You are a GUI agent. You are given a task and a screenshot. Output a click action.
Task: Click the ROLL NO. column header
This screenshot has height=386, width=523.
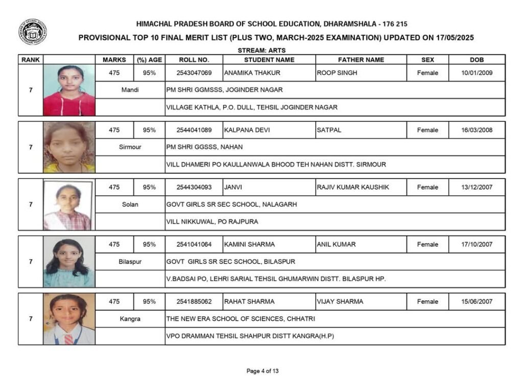point(194,60)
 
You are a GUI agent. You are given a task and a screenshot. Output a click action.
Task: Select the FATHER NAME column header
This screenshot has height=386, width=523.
point(361,60)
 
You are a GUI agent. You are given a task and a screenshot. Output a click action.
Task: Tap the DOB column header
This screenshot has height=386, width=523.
point(477,60)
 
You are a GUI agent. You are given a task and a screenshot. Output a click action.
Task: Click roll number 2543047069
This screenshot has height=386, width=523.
point(194,73)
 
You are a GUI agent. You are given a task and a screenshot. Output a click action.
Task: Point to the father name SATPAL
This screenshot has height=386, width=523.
point(329,130)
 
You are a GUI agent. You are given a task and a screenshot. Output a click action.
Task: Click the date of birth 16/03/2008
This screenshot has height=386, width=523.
point(477,130)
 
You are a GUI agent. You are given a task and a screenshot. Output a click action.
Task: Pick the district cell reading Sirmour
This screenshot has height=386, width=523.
point(130,147)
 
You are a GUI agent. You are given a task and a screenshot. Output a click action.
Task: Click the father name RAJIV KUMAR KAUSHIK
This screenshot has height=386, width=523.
point(353,187)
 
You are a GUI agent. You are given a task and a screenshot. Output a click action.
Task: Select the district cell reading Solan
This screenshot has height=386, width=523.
point(130,204)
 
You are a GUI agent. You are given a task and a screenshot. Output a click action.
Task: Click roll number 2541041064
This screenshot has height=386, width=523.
point(194,244)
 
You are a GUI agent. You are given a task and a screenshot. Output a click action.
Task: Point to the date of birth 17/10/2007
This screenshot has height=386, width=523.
point(477,244)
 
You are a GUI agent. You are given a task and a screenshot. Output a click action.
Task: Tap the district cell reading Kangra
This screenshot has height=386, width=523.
point(130,319)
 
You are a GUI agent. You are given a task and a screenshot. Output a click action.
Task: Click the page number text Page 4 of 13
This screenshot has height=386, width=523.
point(263,371)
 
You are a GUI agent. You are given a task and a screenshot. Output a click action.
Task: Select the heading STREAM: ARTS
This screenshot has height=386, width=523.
point(261,50)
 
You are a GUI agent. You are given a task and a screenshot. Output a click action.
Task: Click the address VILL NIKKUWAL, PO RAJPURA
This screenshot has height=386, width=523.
point(212,222)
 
